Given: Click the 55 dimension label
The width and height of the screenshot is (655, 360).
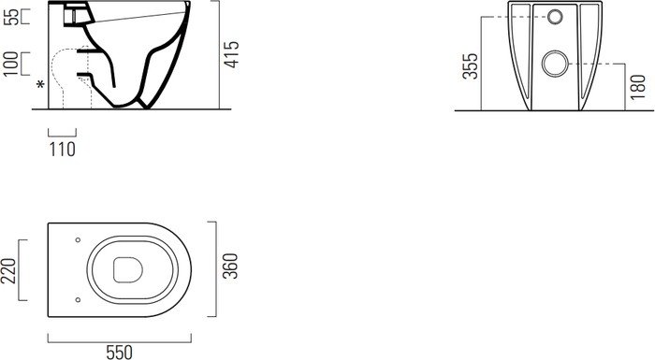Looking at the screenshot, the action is [13, 17].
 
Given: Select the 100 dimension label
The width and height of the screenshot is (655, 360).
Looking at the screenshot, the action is [11, 64].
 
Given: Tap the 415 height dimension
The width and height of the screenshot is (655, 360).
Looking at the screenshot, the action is [231, 54].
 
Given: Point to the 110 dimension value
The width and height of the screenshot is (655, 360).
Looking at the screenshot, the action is [63, 149].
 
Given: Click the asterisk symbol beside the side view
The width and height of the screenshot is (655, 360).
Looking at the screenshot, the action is [40, 85].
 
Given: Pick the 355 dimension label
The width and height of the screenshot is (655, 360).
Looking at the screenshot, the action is [470, 66].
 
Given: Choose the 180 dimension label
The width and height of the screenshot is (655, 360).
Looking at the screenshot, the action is [638, 87].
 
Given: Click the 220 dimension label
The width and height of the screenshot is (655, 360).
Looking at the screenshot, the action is [8, 271].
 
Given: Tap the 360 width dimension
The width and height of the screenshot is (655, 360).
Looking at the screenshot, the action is [230, 266].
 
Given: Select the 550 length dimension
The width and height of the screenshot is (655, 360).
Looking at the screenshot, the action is [119, 353].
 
